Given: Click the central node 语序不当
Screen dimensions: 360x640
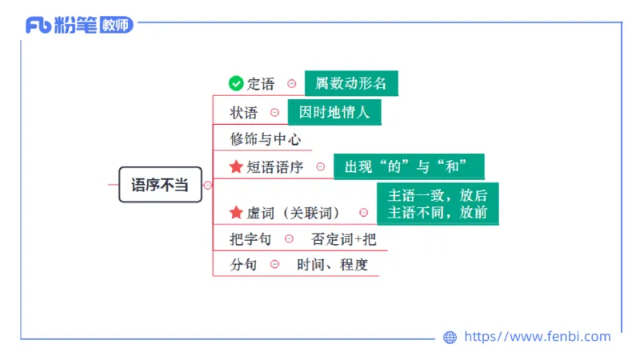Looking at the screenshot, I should (160, 185).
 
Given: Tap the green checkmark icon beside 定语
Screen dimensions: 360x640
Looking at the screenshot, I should (236, 83).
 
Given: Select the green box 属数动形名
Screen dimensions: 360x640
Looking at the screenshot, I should (351, 83).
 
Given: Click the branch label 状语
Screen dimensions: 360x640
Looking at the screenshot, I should (244, 113).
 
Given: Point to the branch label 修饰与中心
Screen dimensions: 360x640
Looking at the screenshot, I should (266, 139).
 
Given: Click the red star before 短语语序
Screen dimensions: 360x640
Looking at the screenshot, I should (236, 166).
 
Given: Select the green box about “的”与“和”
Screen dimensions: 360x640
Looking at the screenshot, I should (409, 166).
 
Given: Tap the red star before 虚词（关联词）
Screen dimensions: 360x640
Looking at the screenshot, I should (236, 212).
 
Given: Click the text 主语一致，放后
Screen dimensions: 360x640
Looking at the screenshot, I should (438, 196).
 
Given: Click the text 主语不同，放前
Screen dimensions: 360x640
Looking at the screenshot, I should (438, 213).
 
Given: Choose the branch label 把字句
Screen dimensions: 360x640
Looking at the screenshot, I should (250, 238).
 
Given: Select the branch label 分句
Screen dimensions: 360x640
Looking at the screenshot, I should (244, 265).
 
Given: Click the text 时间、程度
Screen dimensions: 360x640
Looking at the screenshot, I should (332, 265).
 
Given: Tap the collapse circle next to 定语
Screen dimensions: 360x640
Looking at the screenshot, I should (292, 83).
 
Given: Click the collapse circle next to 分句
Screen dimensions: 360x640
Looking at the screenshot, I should (274, 265).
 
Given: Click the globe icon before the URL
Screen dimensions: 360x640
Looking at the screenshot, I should (450, 338).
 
